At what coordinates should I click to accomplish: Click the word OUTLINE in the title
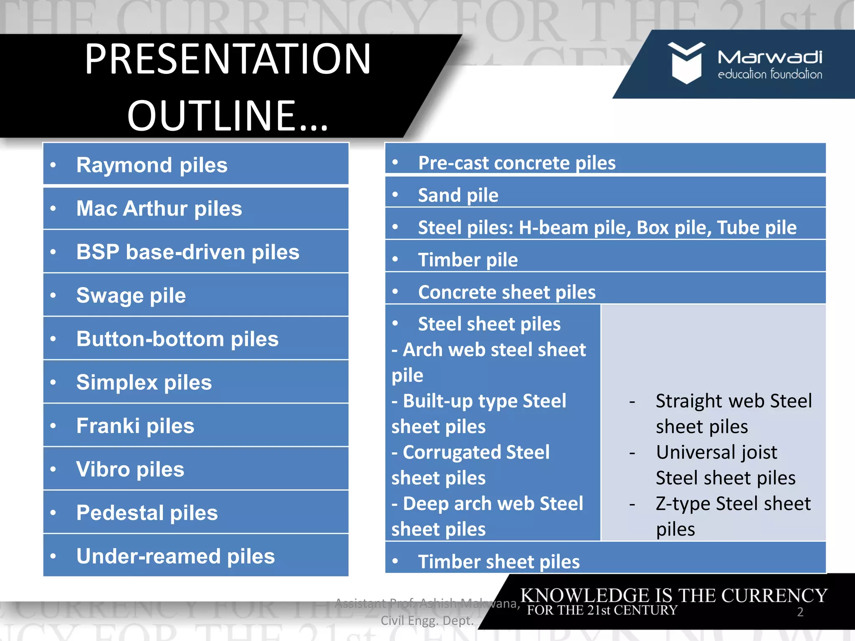[211, 116]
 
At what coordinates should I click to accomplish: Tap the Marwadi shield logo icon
[686, 63]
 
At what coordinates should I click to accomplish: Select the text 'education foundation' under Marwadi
[769, 75]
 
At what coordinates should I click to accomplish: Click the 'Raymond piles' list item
[152, 165]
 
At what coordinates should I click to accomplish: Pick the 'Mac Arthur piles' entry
[159, 209]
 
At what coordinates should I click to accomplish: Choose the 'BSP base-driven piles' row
[187, 252]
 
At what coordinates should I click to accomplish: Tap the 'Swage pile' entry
[131, 295]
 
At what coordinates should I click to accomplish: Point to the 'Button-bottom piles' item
[177, 339]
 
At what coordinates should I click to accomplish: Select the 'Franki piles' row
[135, 426]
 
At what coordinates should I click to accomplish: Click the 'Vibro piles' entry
[130, 469]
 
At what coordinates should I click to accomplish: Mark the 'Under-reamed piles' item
[175, 556]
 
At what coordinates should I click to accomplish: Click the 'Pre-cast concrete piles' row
[516, 163]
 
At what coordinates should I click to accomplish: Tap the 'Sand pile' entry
[458, 195]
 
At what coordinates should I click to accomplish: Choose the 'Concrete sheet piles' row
[506, 292]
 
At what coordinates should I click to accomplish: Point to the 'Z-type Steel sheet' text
[733, 504]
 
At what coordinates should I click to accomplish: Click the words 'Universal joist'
[716, 452]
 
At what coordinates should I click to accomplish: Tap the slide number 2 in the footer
[800, 612]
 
